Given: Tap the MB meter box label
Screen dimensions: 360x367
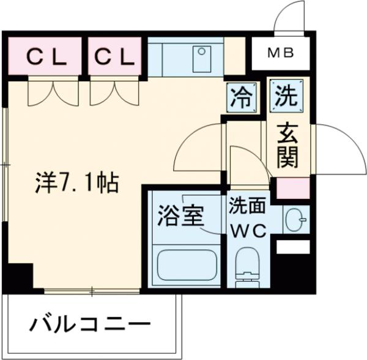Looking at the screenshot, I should click(x=282, y=54).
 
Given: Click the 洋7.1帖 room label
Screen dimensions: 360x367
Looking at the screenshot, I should click(x=75, y=182).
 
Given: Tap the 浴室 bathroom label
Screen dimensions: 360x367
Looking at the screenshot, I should click(x=180, y=216).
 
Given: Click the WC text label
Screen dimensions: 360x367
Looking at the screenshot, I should click(x=247, y=231).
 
